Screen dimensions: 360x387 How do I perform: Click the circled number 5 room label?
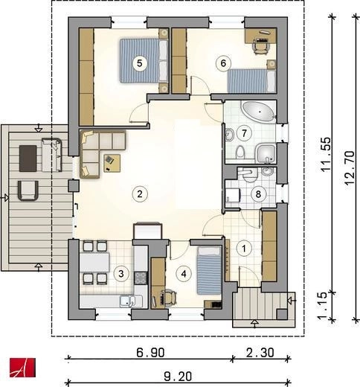[x=140, y=63]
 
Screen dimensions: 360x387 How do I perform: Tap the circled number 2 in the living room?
[x=140, y=193]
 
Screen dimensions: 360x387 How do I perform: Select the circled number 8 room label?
[x=258, y=194]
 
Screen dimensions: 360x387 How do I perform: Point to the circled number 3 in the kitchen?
[x=120, y=274]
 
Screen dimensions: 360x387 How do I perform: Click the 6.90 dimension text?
[x=150, y=352]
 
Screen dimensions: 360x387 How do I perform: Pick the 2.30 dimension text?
[x=260, y=352]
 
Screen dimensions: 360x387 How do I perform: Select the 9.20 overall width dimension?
[x=178, y=377]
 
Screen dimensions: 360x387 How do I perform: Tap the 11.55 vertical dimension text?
[x=327, y=154]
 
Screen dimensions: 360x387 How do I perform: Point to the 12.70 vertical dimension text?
[x=350, y=167]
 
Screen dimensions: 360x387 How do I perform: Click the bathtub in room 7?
[x=258, y=112]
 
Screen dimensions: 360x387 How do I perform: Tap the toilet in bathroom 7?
[x=240, y=152]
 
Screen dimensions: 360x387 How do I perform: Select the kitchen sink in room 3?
[x=127, y=301]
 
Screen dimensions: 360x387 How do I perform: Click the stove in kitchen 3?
[x=141, y=278]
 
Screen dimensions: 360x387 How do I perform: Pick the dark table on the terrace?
[x=28, y=159]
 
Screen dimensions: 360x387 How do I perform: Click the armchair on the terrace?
[x=28, y=191]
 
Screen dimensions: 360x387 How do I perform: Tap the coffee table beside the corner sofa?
[x=112, y=163]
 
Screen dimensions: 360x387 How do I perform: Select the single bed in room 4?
[x=209, y=271]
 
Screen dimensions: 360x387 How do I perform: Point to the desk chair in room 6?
[x=261, y=47]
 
